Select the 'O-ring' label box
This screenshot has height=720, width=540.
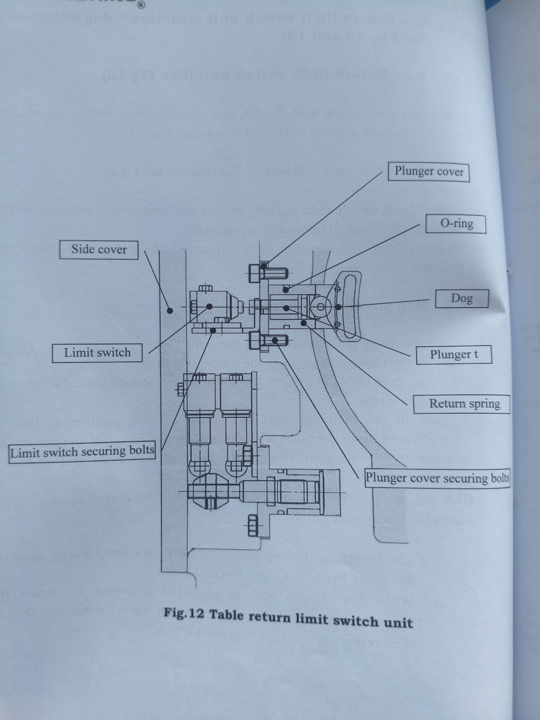pos(456,224)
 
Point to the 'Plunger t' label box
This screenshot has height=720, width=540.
pos(454,355)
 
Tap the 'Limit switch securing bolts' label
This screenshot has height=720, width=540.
pos(82,452)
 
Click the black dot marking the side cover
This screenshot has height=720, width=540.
pos(170,311)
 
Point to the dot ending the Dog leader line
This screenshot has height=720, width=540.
pos(338,307)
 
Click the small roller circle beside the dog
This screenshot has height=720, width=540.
pos(321,307)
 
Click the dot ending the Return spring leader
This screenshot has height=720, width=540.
pos(303,323)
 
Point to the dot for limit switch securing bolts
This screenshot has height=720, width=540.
pos(213,330)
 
